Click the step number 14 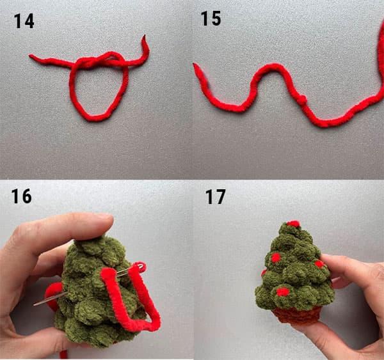point(24,21)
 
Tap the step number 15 point(211,19)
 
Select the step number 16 point(21,196)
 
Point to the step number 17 point(215,197)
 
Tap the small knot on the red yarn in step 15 point(303,98)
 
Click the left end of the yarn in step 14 point(30,56)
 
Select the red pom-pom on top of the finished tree point(293,224)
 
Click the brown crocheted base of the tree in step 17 point(297,315)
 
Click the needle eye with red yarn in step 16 point(138,266)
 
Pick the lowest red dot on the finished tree point(282,292)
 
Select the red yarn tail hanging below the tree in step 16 point(63,354)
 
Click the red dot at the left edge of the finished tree point(264,272)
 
